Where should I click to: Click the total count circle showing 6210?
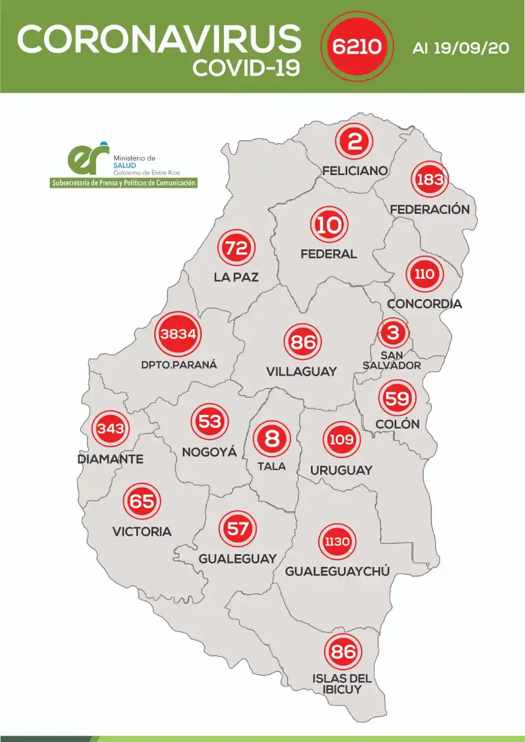356,46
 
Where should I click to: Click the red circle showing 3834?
179,334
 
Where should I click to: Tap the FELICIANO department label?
355,170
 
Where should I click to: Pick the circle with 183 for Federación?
430,179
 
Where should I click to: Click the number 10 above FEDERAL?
330,225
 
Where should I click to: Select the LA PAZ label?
236,278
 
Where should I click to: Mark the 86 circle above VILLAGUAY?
302,343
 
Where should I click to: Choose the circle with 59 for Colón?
397,398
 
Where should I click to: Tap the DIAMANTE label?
110,459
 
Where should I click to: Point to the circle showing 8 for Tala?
271,439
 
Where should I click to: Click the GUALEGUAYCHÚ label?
336,572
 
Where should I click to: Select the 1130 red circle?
337,542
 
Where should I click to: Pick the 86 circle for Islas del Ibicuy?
342,651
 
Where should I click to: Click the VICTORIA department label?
142,531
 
